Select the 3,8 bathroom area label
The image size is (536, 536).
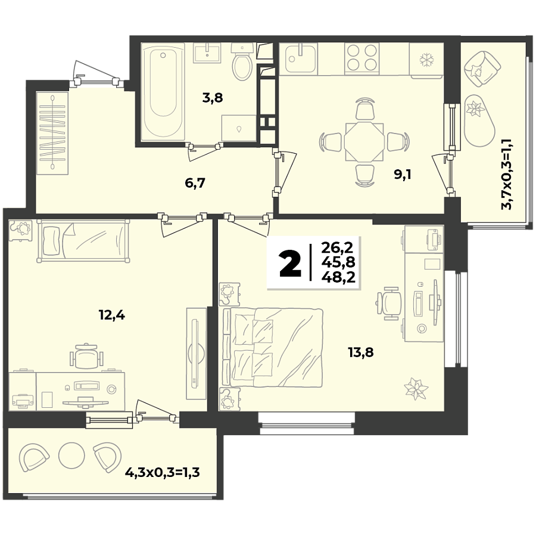tap(212, 98)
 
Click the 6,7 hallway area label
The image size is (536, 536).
tap(195, 183)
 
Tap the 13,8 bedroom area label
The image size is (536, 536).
tap(361, 352)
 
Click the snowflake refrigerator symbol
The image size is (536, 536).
tap(426, 59)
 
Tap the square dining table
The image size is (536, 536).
tap(364, 142)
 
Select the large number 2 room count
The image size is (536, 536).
tap(291, 264)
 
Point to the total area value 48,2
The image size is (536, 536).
tap(338, 276)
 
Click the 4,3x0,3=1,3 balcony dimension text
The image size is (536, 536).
tap(162, 473)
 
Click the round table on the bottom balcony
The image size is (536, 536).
tap(71, 455)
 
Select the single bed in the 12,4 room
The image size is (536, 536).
tap(83, 241)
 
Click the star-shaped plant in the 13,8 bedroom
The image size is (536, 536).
tap(416, 388)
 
